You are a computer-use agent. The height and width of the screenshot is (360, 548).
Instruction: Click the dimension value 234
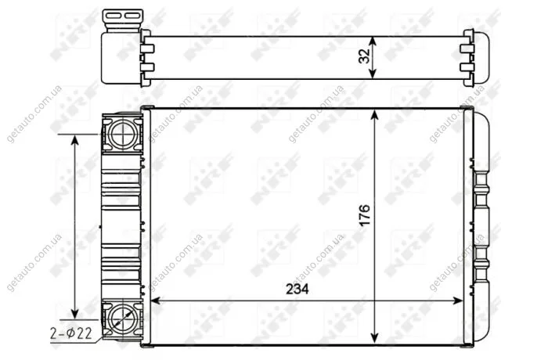point(297,289)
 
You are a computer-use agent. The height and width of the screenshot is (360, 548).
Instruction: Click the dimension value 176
point(364,214)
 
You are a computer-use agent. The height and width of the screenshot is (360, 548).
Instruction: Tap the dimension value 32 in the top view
point(364,56)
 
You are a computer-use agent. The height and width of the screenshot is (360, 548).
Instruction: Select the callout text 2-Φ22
point(71,334)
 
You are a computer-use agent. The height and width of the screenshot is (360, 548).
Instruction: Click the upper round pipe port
point(123,134)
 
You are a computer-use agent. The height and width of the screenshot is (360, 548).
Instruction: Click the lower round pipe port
point(123,319)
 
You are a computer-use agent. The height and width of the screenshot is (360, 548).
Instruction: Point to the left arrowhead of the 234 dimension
point(155,301)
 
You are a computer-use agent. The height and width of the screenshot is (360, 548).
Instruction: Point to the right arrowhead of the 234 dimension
point(458,301)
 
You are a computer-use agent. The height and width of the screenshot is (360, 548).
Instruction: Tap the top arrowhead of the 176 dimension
point(375,116)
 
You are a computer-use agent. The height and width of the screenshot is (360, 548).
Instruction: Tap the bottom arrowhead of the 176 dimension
point(375,337)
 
